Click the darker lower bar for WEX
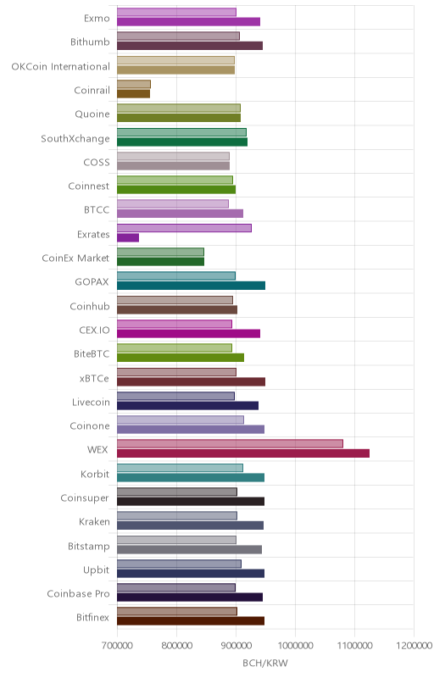243,453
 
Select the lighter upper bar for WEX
230,443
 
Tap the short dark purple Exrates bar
128,238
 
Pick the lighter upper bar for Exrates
184,228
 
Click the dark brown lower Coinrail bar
134,94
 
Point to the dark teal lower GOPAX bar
191,286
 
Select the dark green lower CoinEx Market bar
160,262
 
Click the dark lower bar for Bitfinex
191,621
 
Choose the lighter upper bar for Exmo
177,12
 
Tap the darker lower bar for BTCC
180,214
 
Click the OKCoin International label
60,67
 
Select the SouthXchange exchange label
75,139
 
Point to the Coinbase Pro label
78,594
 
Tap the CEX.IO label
94,331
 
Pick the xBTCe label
94,378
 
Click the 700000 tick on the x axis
117,646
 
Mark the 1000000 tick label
295,646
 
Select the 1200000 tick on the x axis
415,646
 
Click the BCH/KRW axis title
265,664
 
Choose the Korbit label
95,475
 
